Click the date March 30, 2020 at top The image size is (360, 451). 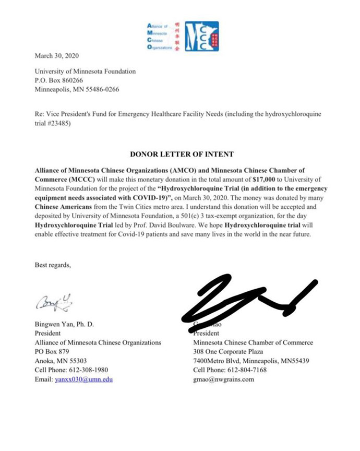57,56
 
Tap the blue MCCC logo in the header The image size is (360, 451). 201,36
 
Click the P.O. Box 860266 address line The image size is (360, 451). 59,80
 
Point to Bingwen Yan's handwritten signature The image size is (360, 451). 52,301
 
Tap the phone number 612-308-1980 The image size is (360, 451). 91,370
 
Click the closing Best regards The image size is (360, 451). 52,265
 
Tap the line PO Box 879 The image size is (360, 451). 52,351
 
